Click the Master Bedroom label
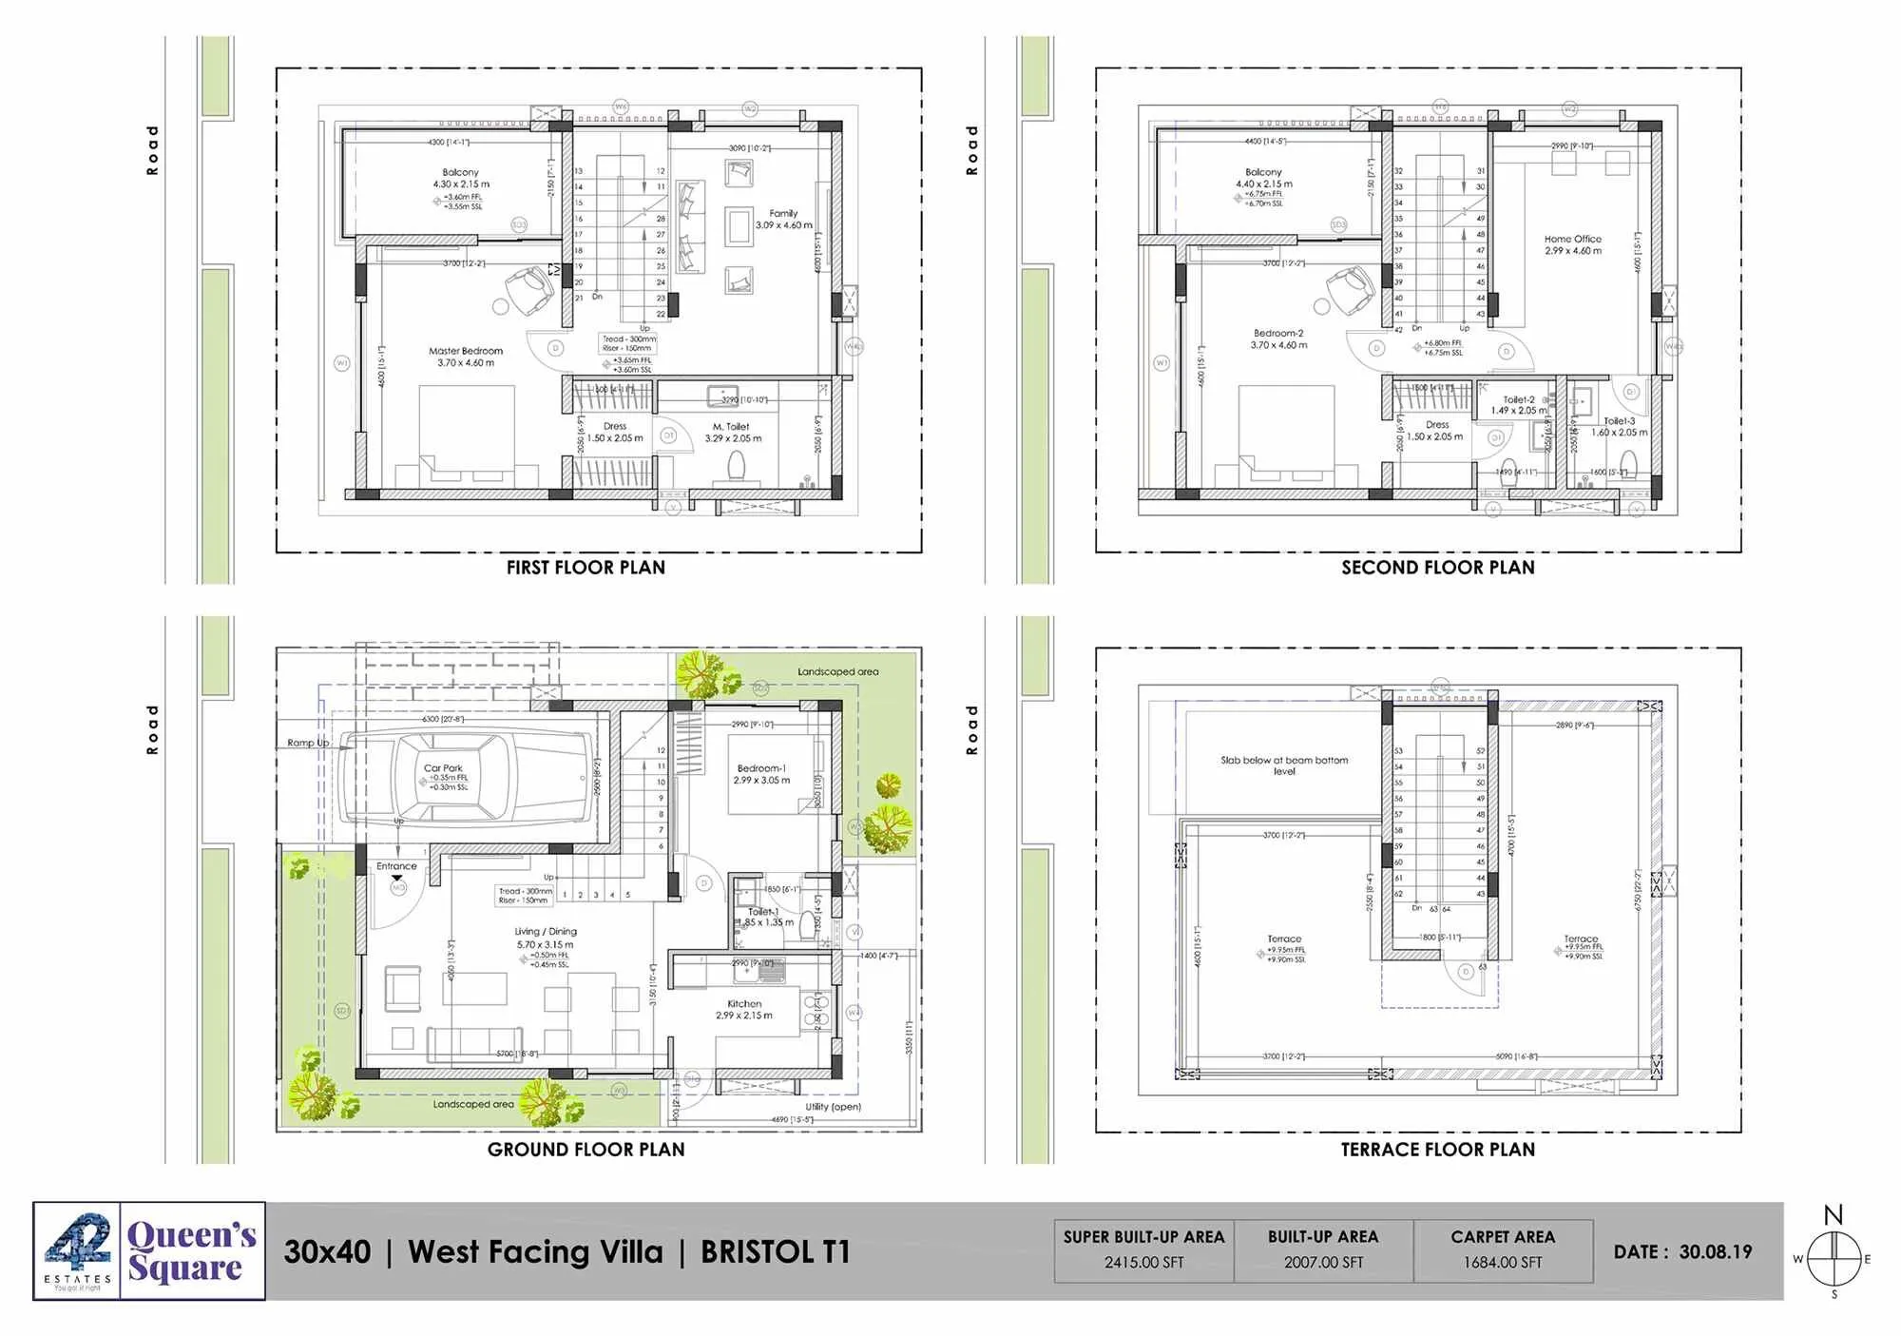[465, 352]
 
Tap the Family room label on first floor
[783, 214]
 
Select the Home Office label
[1572, 240]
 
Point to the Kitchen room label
[744, 1004]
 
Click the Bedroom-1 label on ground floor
[760, 768]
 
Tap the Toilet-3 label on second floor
[1620, 421]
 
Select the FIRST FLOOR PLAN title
[586, 568]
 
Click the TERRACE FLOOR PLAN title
[1437, 1150]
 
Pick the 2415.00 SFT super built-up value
[1143, 1263]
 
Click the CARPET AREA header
[1503, 1237]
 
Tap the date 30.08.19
[1715, 1252]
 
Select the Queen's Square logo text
[191, 1251]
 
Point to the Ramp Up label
[308, 743]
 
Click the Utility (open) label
[833, 1107]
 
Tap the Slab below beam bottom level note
[1284, 765]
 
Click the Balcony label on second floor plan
[1263, 172]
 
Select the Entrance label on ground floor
[396, 866]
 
